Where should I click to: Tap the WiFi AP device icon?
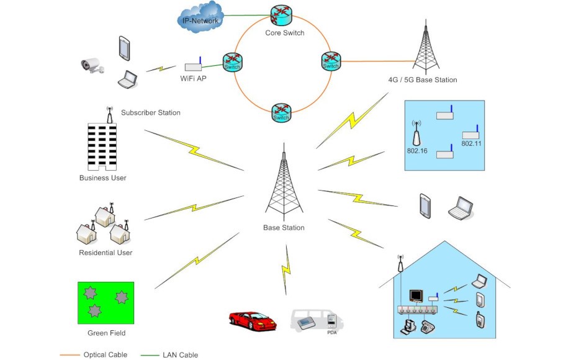tap(194, 65)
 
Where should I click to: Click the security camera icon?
tap(93, 65)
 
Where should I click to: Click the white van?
tap(316, 319)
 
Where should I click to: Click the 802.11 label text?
tap(471, 143)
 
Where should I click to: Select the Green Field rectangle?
tap(106, 302)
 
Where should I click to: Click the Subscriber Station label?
tap(151, 113)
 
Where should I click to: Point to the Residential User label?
tap(106, 253)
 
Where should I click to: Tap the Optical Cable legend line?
tap(69, 354)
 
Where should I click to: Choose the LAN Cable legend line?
tap(149, 354)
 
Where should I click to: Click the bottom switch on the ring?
tap(281, 113)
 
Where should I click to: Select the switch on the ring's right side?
tap(331, 61)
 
